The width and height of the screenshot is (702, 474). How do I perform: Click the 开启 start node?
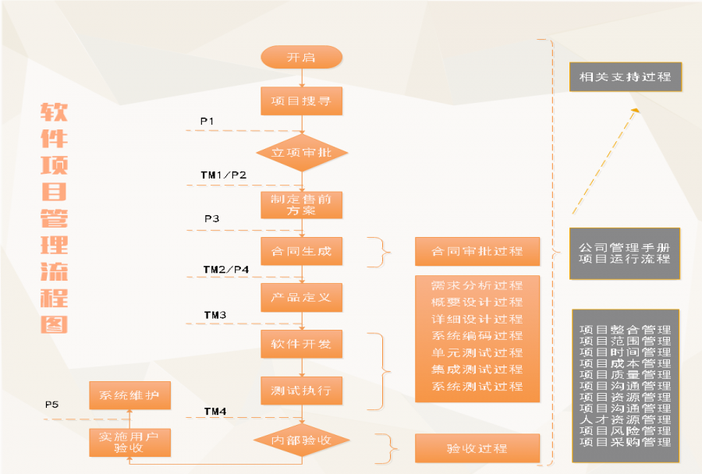click(301, 57)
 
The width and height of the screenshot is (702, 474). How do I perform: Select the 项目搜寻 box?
click(301, 101)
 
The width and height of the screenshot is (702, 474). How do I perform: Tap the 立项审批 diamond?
click(301, 153)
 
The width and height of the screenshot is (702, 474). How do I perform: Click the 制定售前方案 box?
click(301, 204)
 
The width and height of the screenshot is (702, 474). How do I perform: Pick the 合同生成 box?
click(301, 251)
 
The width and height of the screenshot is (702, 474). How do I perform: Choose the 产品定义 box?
click(301, 297)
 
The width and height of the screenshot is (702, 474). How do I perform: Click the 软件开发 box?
click(301, 344)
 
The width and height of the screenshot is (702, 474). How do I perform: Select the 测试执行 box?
click(301, 390)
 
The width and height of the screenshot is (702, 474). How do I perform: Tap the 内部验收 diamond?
click(301, 440)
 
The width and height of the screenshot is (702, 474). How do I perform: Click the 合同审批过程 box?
click(477, 252)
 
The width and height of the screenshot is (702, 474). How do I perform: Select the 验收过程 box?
click(477, 448)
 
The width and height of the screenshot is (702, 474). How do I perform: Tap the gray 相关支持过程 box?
click(625, 77)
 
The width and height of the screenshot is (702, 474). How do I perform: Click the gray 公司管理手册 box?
click(625, 253)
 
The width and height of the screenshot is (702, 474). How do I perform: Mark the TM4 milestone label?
click(215, 411)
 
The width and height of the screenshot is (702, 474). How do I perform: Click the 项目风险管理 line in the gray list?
click(625, 431)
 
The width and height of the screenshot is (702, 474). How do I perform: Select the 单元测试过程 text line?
click(477, 352)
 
